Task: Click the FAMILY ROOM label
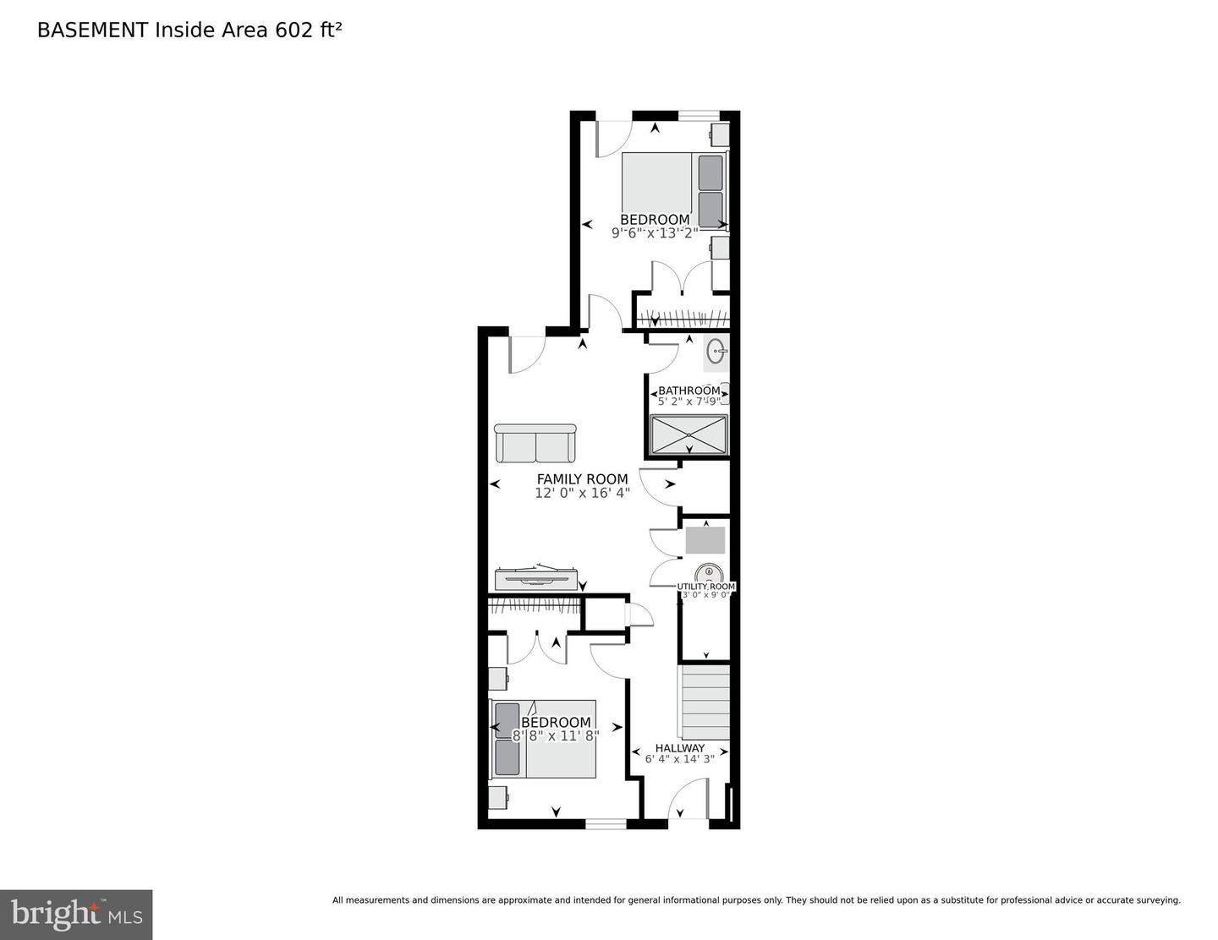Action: pyautogui.click(x=582, y=479)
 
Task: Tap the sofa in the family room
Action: pyautogui.click(x=535, y=443)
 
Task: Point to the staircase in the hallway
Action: pyautogui.click(x=705, y=702)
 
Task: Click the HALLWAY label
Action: pyautogui.click(x=679, y=748)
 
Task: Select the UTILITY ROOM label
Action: pyautogui.click(x=706, y=586)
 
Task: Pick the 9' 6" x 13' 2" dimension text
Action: pyautogui.click(x=655, y=232)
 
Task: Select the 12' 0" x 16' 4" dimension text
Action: pyautogui.click(x=582, y=493)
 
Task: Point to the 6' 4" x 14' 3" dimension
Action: pyautogui.click(x=679, y=759)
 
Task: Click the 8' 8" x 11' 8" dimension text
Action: pyautogui.click(x=556, y=735)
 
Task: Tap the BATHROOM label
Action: pyautogui.click(x=689, y=391)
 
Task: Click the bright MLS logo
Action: pyautogui.click(x=76, y=915)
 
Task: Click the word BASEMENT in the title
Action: pyautogui.click(x=92, y=30)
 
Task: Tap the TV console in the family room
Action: pyautogui.click(x=536, y=578)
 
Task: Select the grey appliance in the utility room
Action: pyautogui.click(x=705, y=539)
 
